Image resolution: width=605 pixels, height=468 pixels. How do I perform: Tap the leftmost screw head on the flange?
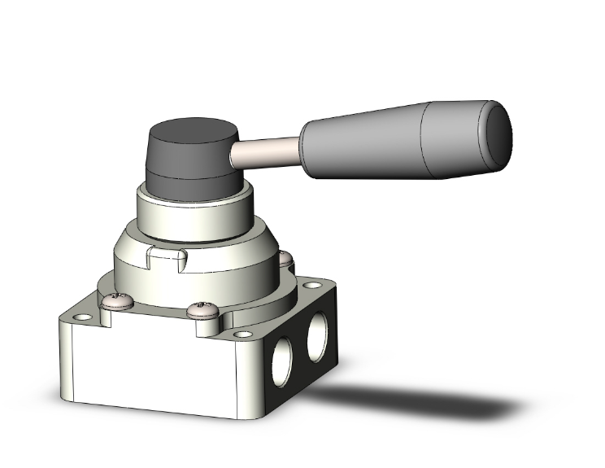[x=115, y=302]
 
